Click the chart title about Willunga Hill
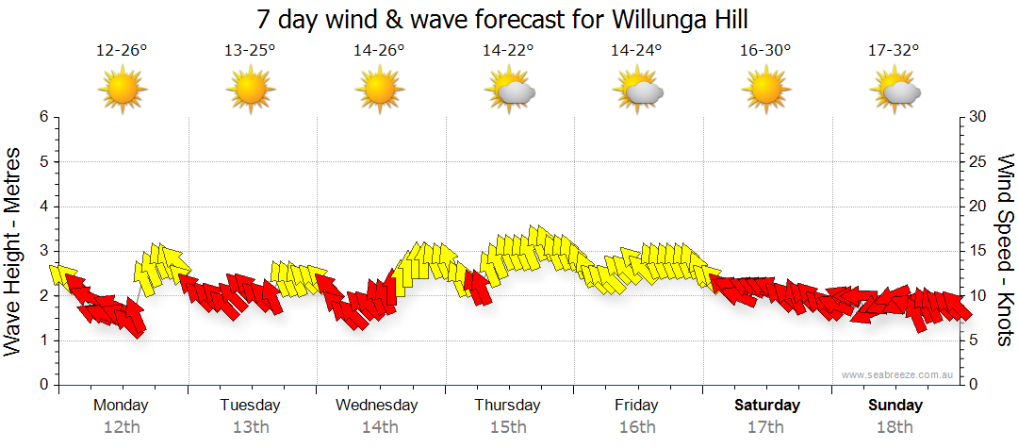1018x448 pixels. click(x=509, y=19)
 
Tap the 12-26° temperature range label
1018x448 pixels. click(x=122, y=51)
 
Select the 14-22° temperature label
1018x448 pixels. click(x=508, y=51)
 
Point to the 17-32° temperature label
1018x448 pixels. click(x=894, y=51)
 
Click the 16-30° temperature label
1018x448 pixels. click(x=765, y=51)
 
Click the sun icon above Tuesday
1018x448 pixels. click(x=251, y=91)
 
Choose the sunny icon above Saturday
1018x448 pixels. click(x=765, y=91)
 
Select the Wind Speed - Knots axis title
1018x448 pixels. click(x=1005, y=250)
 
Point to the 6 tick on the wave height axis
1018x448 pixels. click(x=43, y=117)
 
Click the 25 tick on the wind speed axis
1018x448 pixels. click(x=977, y=161)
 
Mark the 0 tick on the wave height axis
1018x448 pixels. click(x=43, y=385)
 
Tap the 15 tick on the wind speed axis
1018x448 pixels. click(x=977, y=251)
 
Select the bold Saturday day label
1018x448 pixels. click(x=766, y=406)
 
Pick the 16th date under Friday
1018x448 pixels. click(x=637, y=427)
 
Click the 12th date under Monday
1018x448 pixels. click(x=122, y=427)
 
